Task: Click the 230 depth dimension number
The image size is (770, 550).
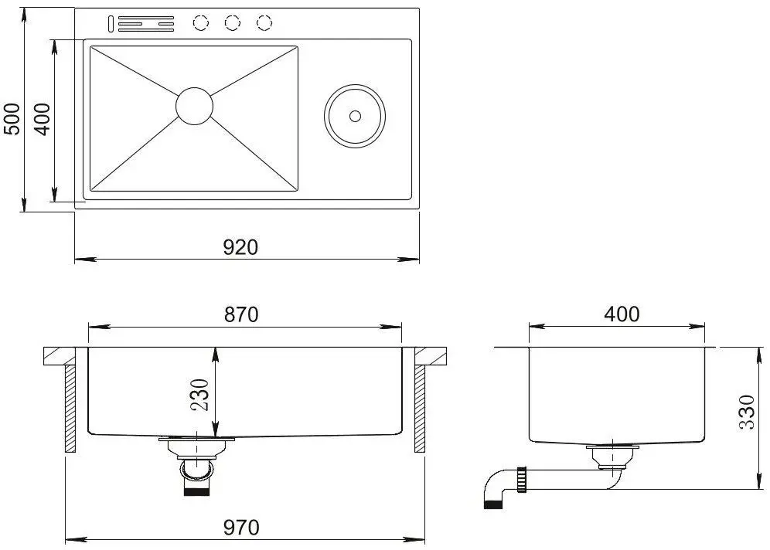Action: point(201,395)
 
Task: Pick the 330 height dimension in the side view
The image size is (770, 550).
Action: point(747,414)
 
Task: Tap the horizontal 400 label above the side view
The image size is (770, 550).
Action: point(622,314)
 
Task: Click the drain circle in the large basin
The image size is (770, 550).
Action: point(194,106)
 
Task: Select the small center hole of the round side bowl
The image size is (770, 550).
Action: point(355,116)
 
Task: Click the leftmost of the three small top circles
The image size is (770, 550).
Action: point(201,23)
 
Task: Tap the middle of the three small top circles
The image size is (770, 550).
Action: point(233,23)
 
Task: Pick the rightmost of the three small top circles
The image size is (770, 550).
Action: point(264,23)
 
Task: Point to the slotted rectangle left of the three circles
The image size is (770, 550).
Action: point(145,24)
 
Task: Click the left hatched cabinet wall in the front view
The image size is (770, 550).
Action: point(70,408)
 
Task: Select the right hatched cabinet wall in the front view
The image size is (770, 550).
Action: point(420,408)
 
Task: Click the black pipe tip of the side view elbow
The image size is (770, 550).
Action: point(492,504)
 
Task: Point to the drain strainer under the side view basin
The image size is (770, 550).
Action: point(612,455)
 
